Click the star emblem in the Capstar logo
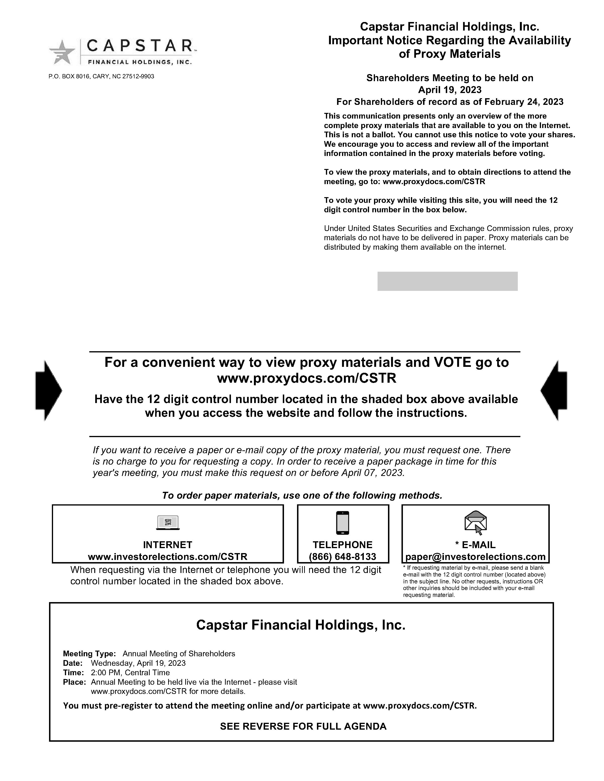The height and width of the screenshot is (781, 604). pyautogui.click(x=62, y=52)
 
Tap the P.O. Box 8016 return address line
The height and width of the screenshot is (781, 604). pyautogui.click(x=101, y=76)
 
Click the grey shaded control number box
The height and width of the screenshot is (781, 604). pyautogui.click(x=447, y=281)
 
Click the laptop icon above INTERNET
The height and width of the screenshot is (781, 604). pyautogui.click(x=168, y=523)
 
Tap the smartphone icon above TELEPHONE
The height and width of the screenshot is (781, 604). pyautogui.click(x=343, y=523)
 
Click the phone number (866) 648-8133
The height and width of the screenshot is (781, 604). pyautogui.click(x=343, y=557)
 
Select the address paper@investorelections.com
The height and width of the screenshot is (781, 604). pyautogui.click(x=476, y=557)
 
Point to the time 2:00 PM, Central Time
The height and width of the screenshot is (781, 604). pyautogui.click(x=130, y=672)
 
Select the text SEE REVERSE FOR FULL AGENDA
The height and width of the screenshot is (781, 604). pyautogui.click(x=303, y=726)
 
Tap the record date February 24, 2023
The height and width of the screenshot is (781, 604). pyautogui.click(x=524, y=102)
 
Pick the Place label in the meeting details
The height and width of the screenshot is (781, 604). pyautogui.click(x=74, y=682)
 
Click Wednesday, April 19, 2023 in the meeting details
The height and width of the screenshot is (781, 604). pyautogui.click(x=138, y=663)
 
